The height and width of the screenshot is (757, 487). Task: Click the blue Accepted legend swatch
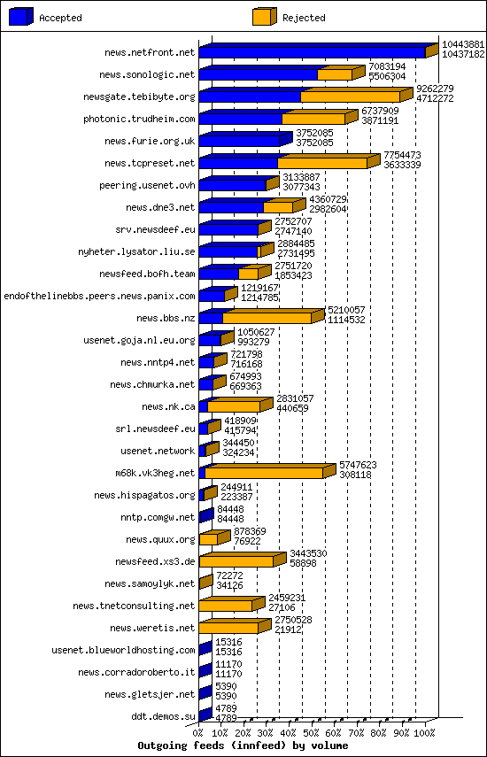(x=21, y=17)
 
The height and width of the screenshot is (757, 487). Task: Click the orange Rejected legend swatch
(x=264, y=17)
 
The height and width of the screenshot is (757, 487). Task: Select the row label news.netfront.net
(x=149, y=53)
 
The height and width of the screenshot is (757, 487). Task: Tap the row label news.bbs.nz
(x=166, y=318)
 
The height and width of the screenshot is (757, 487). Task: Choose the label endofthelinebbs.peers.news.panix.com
(x=99, y=296)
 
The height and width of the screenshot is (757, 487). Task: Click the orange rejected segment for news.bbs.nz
(x=267, y=318)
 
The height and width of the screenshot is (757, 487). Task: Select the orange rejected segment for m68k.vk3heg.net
(x=264, y=473)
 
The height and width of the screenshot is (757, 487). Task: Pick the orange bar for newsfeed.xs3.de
(x=236, y=561)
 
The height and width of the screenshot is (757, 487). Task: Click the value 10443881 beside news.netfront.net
(x=463, y=44)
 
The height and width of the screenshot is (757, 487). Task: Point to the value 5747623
(x=359, y=465)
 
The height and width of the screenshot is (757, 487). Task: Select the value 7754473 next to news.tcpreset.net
(x=402, y=155)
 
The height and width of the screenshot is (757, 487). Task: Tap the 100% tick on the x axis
(x=424, y=733)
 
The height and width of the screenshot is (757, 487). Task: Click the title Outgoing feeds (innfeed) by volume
(x=243, y=745)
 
